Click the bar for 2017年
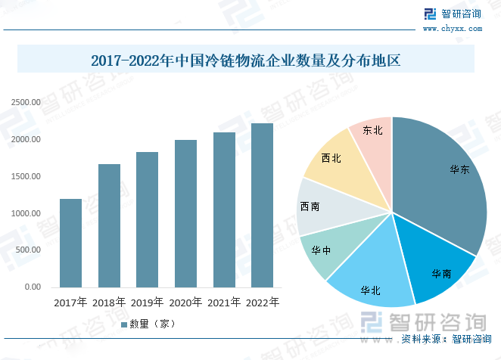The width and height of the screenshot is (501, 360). pos(70,243)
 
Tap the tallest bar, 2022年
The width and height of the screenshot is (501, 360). pos(262,205)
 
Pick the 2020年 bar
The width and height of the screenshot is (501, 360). pos(185,213)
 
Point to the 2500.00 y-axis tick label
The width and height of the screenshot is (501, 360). pos(25,102)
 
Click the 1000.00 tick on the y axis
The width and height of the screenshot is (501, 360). pos(25,213)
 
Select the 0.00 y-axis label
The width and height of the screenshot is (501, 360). pos(33,287)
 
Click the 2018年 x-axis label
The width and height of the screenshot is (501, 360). pos(109,303)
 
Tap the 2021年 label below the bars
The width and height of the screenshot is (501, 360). pos(224,303)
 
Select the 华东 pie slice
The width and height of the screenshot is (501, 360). pos(447,174)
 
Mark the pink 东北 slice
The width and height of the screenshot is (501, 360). pos(373,136)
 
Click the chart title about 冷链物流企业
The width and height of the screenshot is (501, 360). pos(245,60)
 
